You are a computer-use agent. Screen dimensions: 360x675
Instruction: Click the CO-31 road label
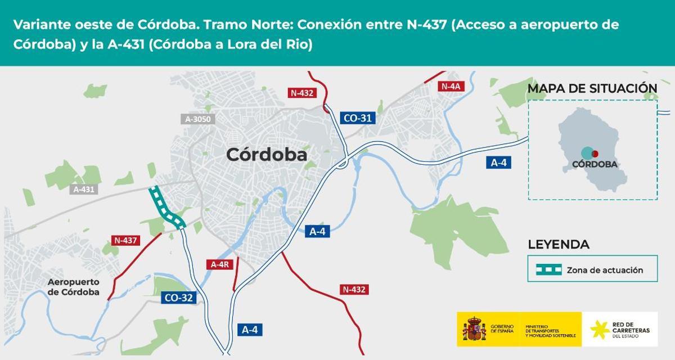(358, 118)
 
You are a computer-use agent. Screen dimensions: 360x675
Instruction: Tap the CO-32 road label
(179, 298)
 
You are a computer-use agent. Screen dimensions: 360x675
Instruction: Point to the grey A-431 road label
(84, 190)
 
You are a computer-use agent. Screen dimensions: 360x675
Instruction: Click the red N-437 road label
(126, 240)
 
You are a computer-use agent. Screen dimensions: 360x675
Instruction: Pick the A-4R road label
(219, 264)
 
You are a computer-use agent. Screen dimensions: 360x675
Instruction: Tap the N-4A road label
(451, 86)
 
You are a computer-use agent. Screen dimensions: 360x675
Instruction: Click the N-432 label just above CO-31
(302, 93)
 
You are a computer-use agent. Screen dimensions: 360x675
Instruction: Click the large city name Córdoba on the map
(267, 155)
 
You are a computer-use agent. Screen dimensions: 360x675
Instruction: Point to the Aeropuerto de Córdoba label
(74, 287)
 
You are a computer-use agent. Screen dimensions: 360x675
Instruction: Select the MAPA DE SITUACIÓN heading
(592, 88)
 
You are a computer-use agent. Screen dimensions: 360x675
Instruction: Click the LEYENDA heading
(559, 245)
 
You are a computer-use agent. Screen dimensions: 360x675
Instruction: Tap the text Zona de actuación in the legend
(605, 270)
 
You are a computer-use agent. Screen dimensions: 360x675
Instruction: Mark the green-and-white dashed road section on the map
(165, 208)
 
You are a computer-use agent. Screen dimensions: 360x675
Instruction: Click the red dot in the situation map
(595, 154)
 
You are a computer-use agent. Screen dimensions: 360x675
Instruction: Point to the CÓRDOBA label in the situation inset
(595, 165)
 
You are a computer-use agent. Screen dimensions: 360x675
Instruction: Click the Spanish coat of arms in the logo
(474, 328)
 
